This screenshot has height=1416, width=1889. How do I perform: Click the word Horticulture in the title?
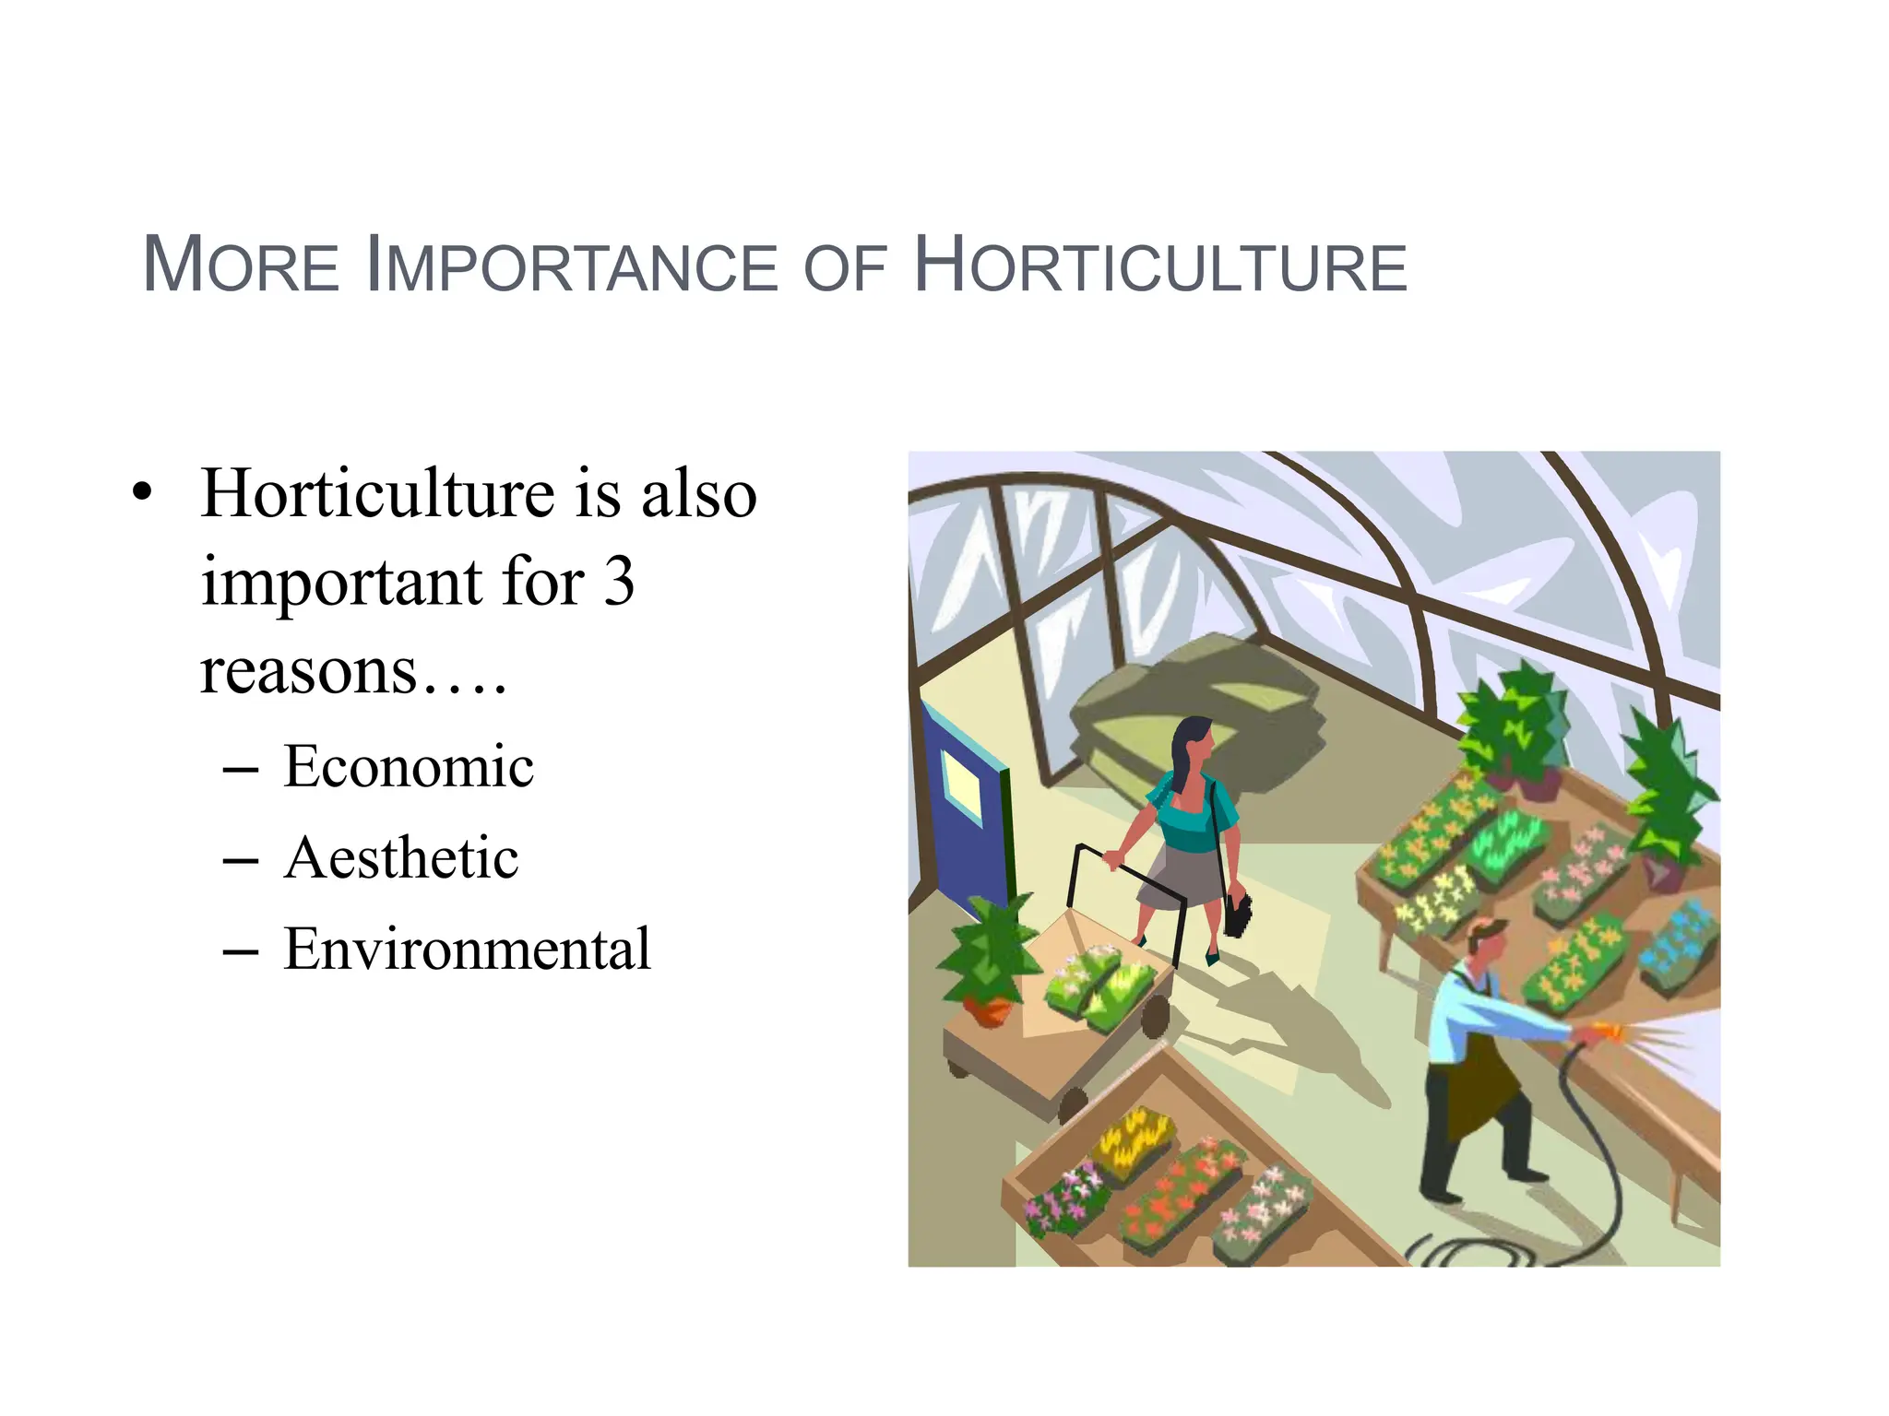(1160, 266)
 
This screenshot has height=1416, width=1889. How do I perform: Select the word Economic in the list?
(408, 766)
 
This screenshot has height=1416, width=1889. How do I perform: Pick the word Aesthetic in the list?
(401, 858)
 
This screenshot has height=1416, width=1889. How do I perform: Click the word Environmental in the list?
(467, 949)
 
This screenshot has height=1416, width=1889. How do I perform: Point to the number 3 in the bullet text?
(619, 582)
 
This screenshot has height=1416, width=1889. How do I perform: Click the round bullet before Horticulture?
(141, 492)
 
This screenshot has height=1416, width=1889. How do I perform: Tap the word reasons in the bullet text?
(309, 670)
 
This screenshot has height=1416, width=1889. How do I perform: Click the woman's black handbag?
(1237, 913)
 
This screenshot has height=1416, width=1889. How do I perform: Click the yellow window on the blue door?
(962, 785)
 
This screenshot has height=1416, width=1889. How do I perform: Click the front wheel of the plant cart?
(1073, 1105)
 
